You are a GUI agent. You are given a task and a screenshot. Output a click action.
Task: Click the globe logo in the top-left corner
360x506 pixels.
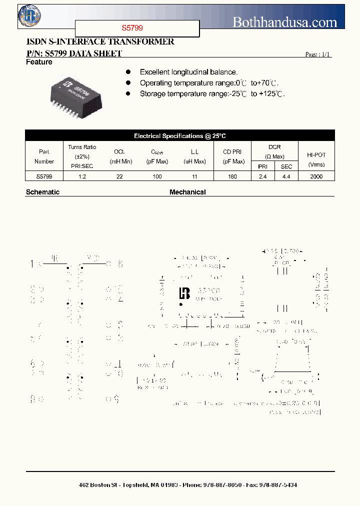pos(29,15)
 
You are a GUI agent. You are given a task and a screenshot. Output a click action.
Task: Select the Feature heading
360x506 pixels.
pos(39,62)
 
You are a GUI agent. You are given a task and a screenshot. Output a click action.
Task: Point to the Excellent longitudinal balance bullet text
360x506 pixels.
pos(188,72)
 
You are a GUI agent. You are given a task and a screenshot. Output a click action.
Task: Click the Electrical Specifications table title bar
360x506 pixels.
pos(180,136)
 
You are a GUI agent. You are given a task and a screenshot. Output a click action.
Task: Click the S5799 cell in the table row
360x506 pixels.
pos(44,176)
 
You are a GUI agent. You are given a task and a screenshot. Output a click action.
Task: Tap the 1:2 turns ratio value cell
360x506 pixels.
pos(82,176)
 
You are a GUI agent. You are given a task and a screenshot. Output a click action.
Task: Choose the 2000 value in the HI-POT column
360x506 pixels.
pos(316,176)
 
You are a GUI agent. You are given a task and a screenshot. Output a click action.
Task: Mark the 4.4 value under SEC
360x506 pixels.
pos(286,176)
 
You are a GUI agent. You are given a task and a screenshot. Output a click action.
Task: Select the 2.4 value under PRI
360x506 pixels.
pos(262,176)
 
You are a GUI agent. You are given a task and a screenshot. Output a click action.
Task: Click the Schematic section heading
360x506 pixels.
pos(42,192)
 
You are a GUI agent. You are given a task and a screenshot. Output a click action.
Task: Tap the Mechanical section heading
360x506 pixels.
pos(187,192)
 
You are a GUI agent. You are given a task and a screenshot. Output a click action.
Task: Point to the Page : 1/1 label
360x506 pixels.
pos(318,54)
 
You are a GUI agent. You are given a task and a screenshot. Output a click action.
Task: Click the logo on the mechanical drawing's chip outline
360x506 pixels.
pos(184,293)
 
